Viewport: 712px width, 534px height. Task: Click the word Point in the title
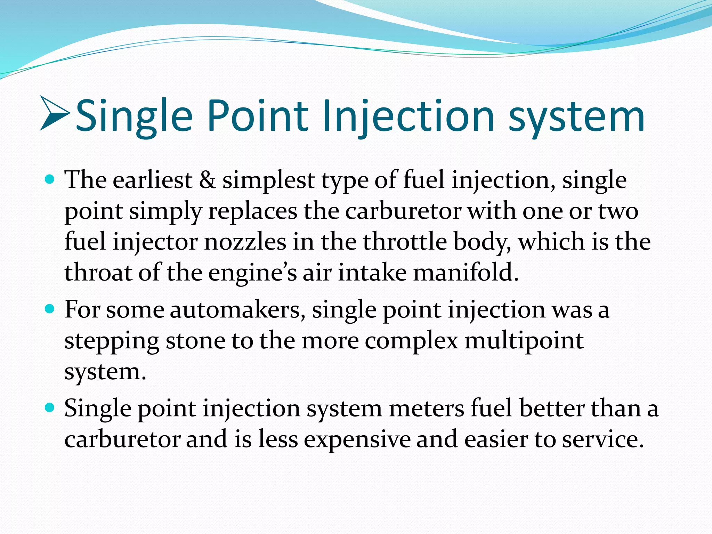(x=258, y=116)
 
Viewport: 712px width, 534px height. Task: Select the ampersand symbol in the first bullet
(x=207, y=180)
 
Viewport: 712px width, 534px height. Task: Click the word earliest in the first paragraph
(x=152, y=180)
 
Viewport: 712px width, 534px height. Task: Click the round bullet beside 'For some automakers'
(x=50, y=308)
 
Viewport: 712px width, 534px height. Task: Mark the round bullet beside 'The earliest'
(x=50, y=179)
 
